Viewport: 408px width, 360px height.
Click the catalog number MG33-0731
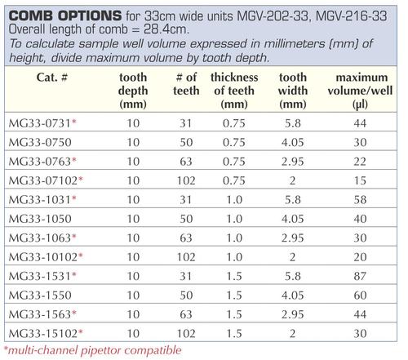[x=40, y=123]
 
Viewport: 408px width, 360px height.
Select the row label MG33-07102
[x=43, y=180]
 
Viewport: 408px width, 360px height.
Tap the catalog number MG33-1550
[x=40, y=296]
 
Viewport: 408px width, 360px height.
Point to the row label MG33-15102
[x=43, y=333]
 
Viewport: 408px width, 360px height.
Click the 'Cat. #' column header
[x=51, y=78]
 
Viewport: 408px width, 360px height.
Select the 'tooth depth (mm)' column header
[x=133, y=91]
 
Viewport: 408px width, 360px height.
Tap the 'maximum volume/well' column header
[x=361, y=91]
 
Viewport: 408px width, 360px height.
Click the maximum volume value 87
[x=360, y=276]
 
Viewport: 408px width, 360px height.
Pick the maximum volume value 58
[x=360, y=200]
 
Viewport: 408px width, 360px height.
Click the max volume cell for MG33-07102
[x=360, y=180]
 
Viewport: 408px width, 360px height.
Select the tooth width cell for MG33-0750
[x=293, y=142]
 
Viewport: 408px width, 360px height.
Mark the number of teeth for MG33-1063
[x=186, y=238]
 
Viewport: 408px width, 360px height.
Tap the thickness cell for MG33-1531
[x=234, y=276]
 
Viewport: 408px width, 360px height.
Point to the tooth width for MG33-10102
[x=293, y=257]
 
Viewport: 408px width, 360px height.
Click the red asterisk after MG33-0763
[x=74, y=159]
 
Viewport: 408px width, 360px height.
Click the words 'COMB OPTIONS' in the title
[x=65, y=16]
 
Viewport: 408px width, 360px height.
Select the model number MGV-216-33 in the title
[x=352, y=16]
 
